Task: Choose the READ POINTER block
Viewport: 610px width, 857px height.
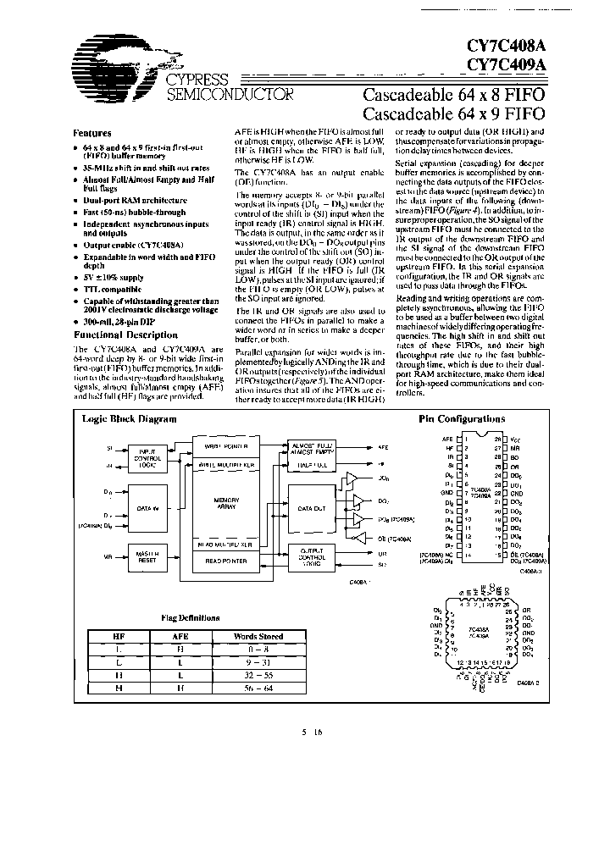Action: [x=222, y=560]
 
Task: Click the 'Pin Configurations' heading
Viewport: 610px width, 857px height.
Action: [x=462, y=418]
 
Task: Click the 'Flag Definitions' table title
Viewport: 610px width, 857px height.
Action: [x=197, y=617]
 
